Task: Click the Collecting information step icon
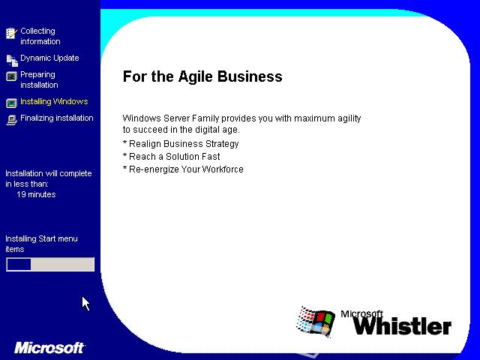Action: [12, 33]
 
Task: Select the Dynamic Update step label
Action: [49, 58]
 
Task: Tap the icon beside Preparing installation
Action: [12, 76]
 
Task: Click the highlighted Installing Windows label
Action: [54, 101]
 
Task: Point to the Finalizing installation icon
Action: [12, 120]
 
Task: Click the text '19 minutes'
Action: [36, 194]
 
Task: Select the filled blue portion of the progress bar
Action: [19, 265]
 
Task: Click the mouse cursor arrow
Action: [85, 303]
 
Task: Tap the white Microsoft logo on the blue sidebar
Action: [49, 348]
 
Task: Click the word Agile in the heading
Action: [195, 76]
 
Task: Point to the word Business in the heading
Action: [250, 76]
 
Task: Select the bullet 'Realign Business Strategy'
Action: [181, 144]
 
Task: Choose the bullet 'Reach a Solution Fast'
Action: [172, 157]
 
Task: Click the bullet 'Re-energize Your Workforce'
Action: [183, 169]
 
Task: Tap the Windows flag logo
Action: [315, 322]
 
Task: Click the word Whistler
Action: [402, 326]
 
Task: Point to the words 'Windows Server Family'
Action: [171, 118]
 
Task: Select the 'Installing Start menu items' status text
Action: [42, 244]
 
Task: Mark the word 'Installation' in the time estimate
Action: [24, 173]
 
